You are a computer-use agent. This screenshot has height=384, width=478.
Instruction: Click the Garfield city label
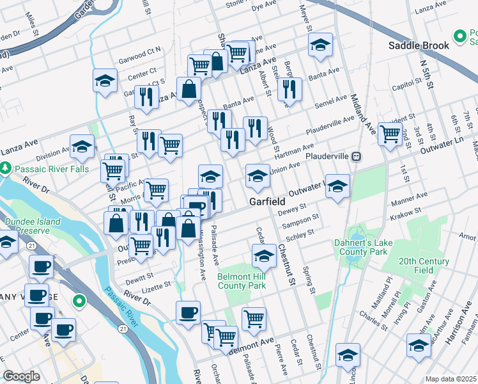[x=266, y=201]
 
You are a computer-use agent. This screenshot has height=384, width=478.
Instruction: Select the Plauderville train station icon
[x=358, y=156]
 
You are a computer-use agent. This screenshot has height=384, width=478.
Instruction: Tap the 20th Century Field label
[x=425, y=266]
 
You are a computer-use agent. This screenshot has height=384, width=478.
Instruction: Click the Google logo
[x=21, y=376]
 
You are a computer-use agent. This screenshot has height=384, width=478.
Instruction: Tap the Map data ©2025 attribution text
[x=451, y=379]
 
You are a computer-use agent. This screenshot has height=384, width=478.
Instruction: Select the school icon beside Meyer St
[x=320, y=45]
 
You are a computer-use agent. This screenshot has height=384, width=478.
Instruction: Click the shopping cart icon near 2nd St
[x=390, y=134]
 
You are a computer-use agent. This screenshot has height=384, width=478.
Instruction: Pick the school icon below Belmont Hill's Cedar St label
[x=263, y=257]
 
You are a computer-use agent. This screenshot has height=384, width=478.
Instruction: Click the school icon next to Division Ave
[x=82, y=148]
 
